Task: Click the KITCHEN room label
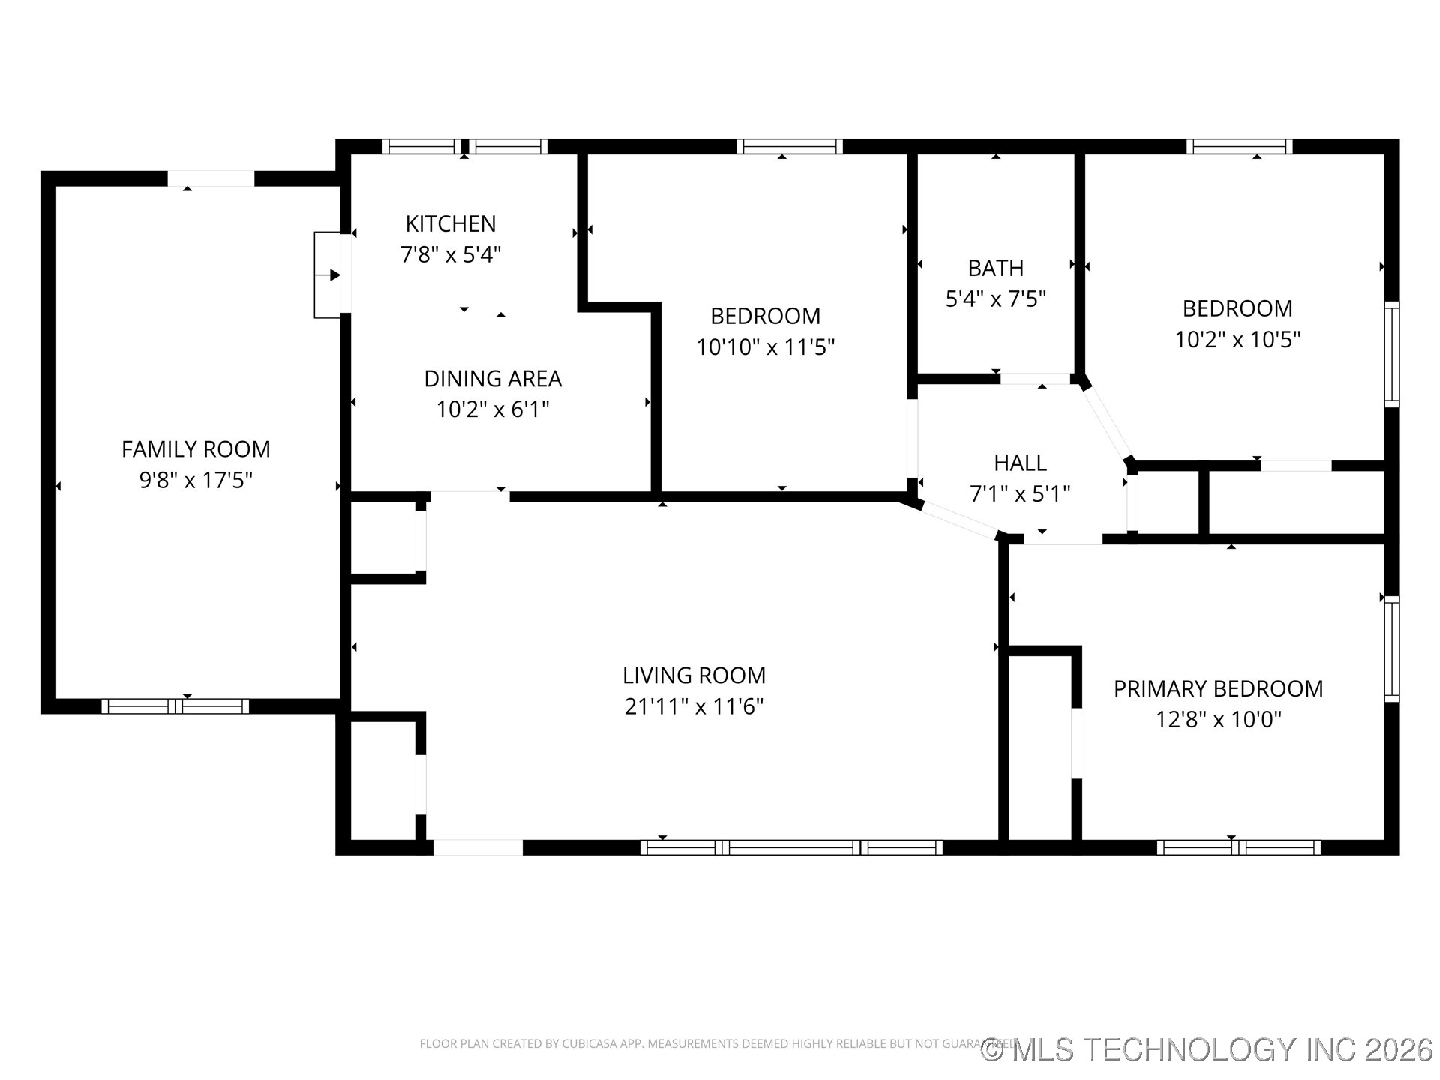451,223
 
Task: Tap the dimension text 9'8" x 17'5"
196,480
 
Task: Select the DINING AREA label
493,379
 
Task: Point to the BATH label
995,268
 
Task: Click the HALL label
1020,463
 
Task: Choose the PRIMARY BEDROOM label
1218,688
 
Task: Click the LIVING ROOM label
694,676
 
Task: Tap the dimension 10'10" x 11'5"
765,347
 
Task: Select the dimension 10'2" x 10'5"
1237,340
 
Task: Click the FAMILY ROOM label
196,449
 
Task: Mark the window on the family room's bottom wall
175,706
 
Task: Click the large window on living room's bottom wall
791,847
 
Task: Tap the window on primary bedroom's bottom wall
1238,847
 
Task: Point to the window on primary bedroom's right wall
1391,649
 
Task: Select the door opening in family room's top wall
211,178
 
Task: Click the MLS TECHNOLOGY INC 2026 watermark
1207,1049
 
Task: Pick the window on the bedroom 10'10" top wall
789,146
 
